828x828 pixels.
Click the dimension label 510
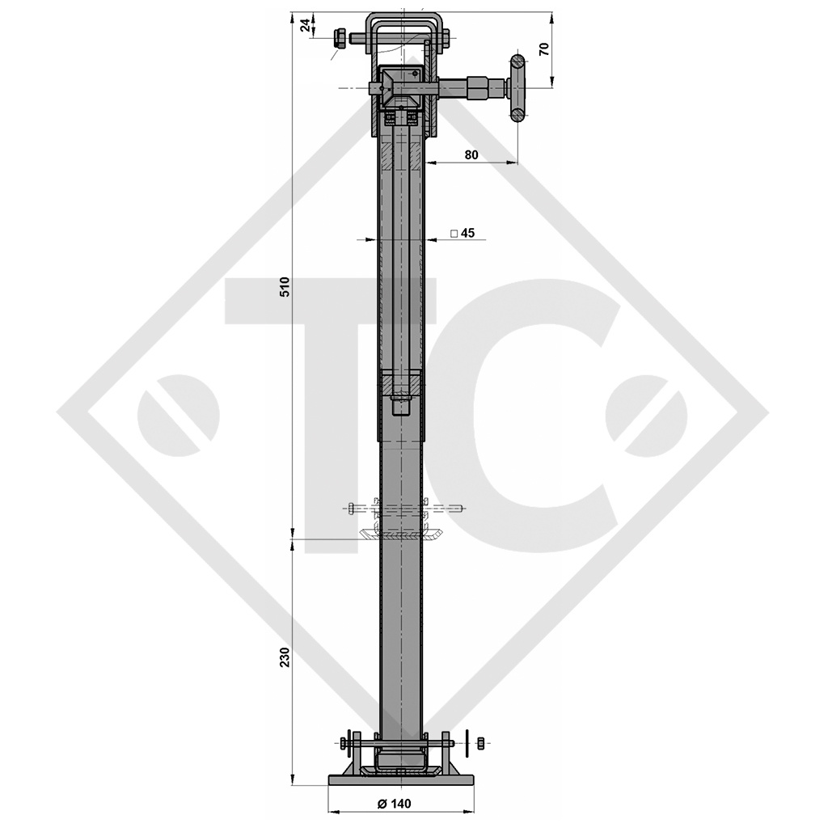[284, 287]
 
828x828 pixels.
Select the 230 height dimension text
[284, 658]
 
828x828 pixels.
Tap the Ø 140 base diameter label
[394, 803]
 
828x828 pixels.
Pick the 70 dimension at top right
[544, 48]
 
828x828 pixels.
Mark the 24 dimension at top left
[305, 26]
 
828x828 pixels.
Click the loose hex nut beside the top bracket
[340, 37]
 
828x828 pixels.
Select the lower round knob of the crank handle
[517, 115]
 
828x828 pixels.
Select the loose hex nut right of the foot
[481, 742]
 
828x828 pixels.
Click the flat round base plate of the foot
[401, 779]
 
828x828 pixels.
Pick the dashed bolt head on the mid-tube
[352, 508]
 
